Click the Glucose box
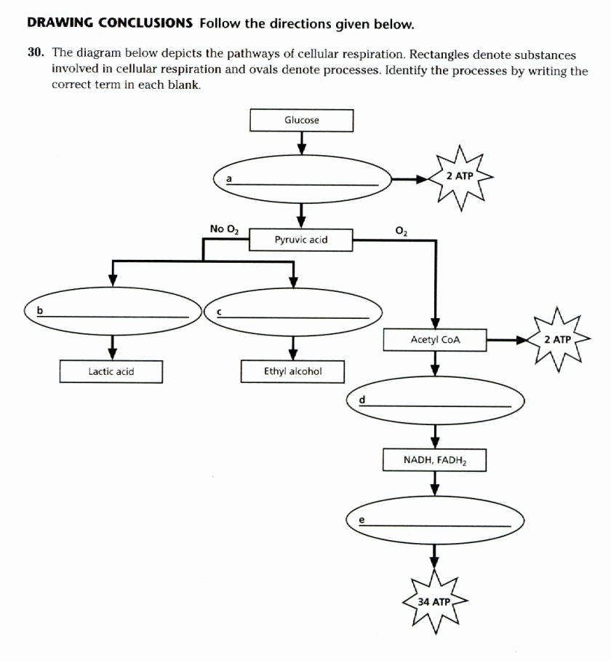tap(301, 120)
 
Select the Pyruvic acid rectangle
tap(301, 240)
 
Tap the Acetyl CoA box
tap(435, 340)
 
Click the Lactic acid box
tap(111, 372)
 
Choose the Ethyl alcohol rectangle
tap(292, 372)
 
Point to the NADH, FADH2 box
tap(434, 460)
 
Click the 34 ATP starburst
tap(434, 602)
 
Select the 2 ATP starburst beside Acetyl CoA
tap(558, 340)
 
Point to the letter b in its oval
tap(41, 311)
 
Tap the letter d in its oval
tap(362, 400)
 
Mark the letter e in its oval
tap(362, 520)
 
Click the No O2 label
tap(223, 229)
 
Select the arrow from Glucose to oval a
tap(301, 144)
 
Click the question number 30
tap(36, 55)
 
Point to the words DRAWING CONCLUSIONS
tap(110, 23)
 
